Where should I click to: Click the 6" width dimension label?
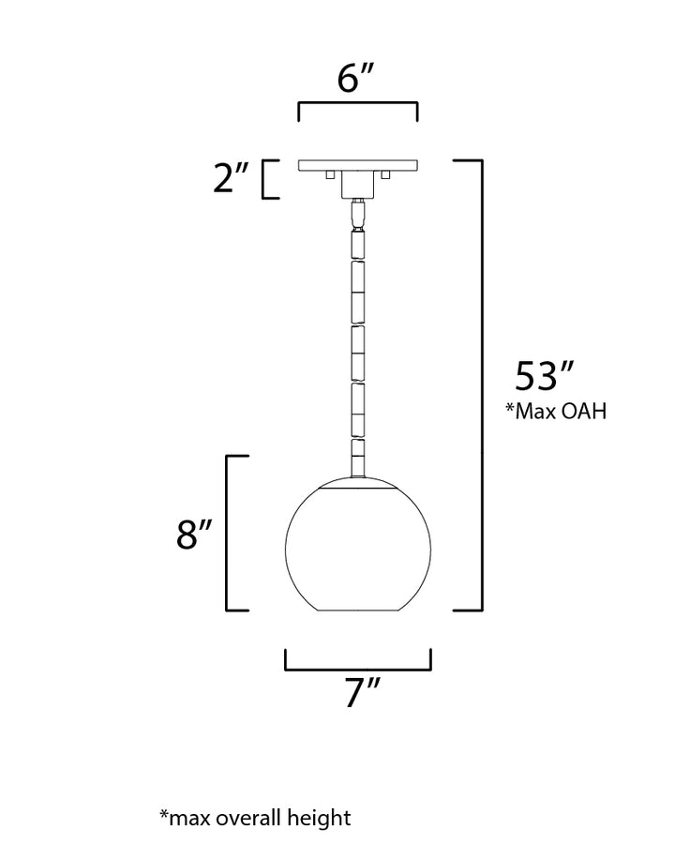356,79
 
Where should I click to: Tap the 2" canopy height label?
231,178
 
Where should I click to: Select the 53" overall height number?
545,376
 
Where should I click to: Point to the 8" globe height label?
194,535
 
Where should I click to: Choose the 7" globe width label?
362,693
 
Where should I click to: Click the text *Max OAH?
556,412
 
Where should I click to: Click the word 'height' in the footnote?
319,818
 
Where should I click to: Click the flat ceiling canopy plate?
358,165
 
